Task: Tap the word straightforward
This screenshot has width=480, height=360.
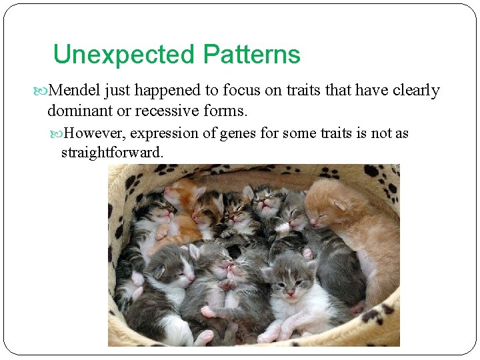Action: tap(112, 153)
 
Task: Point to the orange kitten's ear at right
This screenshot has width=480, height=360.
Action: tap(341, 203)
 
